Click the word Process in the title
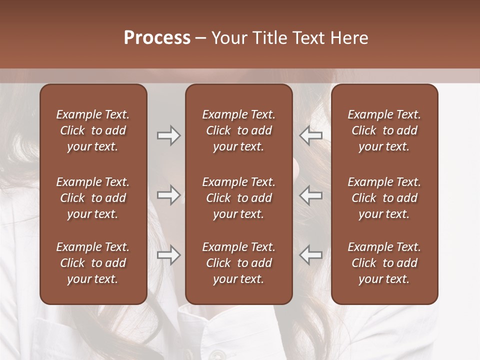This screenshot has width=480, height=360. pyautogui.click(x=157, y=38)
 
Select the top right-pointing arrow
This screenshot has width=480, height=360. pyautogui.click(x=168, y=135)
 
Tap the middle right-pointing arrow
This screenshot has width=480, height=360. pyautogui.click(x=168, y=195)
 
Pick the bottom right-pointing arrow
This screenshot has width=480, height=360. pyautogui.click(x=168, y=255)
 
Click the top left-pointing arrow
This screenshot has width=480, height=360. pyautogui.click(x=311, y=135)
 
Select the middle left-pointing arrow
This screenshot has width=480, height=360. pyautogui.click(x=311, y=195)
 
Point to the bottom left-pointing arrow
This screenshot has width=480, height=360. pyautogui.click(x=311, y=255)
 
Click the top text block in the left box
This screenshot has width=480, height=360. pyautogui.click(x=93, y=130)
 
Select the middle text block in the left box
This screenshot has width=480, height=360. pyautogui.click(x=93, y=198)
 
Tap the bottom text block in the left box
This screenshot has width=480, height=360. pyautogui.click(x=93, y=263)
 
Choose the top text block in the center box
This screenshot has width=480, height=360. pyautogui.click(x=238, y=130)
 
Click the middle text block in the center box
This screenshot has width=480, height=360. pyautogui.click(x=238, y=198)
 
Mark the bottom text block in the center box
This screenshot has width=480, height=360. pyautogui.click(x=238, y=263)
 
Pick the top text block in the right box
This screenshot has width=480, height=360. pyautogui.click(x=384, y=130)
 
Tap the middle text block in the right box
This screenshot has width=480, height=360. pyautogui.click(x=384, y=198)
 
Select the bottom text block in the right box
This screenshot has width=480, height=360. pyautogui.click(x=384, y=263)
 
